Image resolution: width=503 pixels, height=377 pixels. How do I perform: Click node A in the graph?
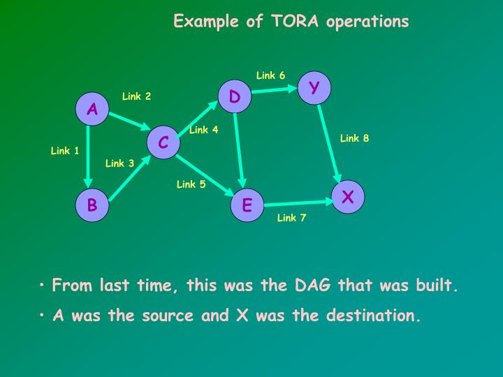[x=92, y=109]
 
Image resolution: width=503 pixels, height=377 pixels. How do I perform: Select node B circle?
[x=92, y=205]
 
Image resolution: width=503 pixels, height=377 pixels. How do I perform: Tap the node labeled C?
[x=163, y=142]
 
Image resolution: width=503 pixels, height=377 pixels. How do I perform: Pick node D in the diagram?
[x=235, y=97]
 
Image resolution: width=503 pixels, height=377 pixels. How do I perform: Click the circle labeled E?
[x=247, y=205]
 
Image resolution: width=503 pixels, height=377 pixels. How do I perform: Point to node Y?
[x=314, y=87]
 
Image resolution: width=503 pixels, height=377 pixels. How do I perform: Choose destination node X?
[x=348, y=198]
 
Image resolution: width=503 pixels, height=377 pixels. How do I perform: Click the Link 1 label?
[x=65, y=151]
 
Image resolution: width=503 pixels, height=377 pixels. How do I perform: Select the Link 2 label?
[x=136, y=96]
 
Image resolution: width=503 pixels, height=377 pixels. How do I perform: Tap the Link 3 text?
[x=119, y=163]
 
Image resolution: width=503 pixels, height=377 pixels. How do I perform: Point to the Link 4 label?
[x=203, y=130]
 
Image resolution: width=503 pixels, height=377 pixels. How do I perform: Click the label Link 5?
[x=191, y=184]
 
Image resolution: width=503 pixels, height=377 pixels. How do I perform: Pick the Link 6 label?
[x=270, y=75]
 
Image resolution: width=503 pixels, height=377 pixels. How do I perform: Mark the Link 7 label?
[x=291, y=218]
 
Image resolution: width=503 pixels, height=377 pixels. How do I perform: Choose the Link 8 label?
[x=354, y=138]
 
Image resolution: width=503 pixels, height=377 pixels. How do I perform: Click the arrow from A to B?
[x=88, y=157]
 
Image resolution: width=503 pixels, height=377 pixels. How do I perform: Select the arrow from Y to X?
[x=330, y=143]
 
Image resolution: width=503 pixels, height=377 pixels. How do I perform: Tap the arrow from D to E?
[x=240, y=150]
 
